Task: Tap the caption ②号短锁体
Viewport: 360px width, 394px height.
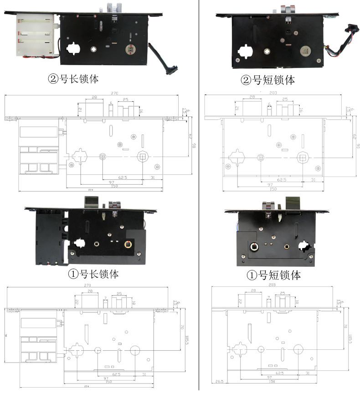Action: (268, 80)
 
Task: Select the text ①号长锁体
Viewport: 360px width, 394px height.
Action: (93, 274)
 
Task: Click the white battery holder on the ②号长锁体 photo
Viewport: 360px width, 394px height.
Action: (34, 36)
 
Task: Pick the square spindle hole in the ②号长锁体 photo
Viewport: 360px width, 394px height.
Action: (94, 49)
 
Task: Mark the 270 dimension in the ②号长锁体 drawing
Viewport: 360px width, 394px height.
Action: (113, 93)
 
